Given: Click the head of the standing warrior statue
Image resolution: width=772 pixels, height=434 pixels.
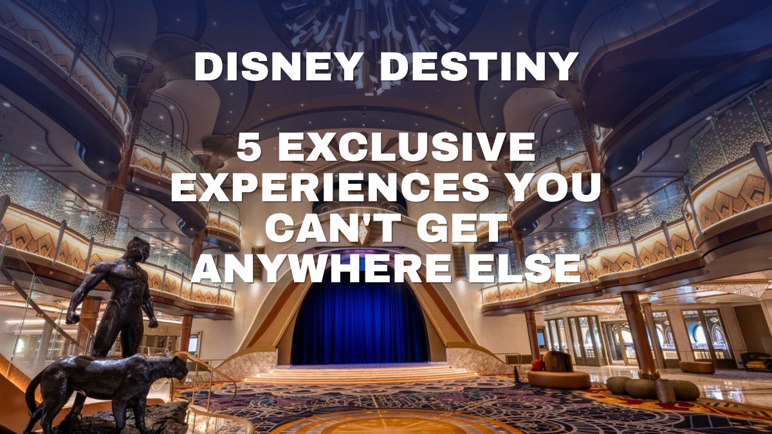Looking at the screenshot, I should point(138,249).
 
